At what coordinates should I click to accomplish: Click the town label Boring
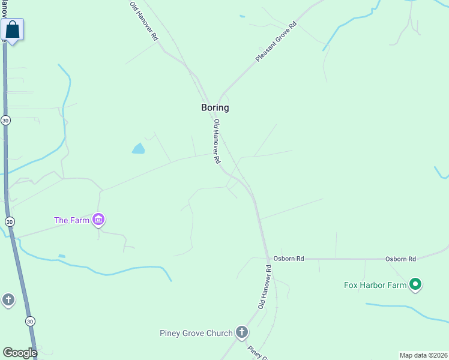[x=214, y=108]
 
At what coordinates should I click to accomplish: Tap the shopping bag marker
[x=13, y=29]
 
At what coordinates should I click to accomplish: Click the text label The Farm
[x=71, y=220]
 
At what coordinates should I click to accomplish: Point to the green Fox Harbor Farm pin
[x=415, y=284]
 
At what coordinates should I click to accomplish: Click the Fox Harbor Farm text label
[x=375, y=286]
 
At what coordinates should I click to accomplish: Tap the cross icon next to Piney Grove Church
[x=241, y=332]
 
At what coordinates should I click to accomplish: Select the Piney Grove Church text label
[x=196, y=334]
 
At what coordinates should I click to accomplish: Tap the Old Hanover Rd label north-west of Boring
[x=145, y=21]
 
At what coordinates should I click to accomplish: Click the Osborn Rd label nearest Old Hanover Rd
[x=289, y=259]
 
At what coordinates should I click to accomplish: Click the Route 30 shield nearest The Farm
[x=10, y=222]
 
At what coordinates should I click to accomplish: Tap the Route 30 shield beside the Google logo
[x=30, y=322]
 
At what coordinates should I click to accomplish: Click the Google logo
[x=20, y=353]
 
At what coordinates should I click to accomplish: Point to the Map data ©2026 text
[x=424, y=355]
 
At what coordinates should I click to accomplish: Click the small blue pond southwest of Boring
[x=139, y=148]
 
